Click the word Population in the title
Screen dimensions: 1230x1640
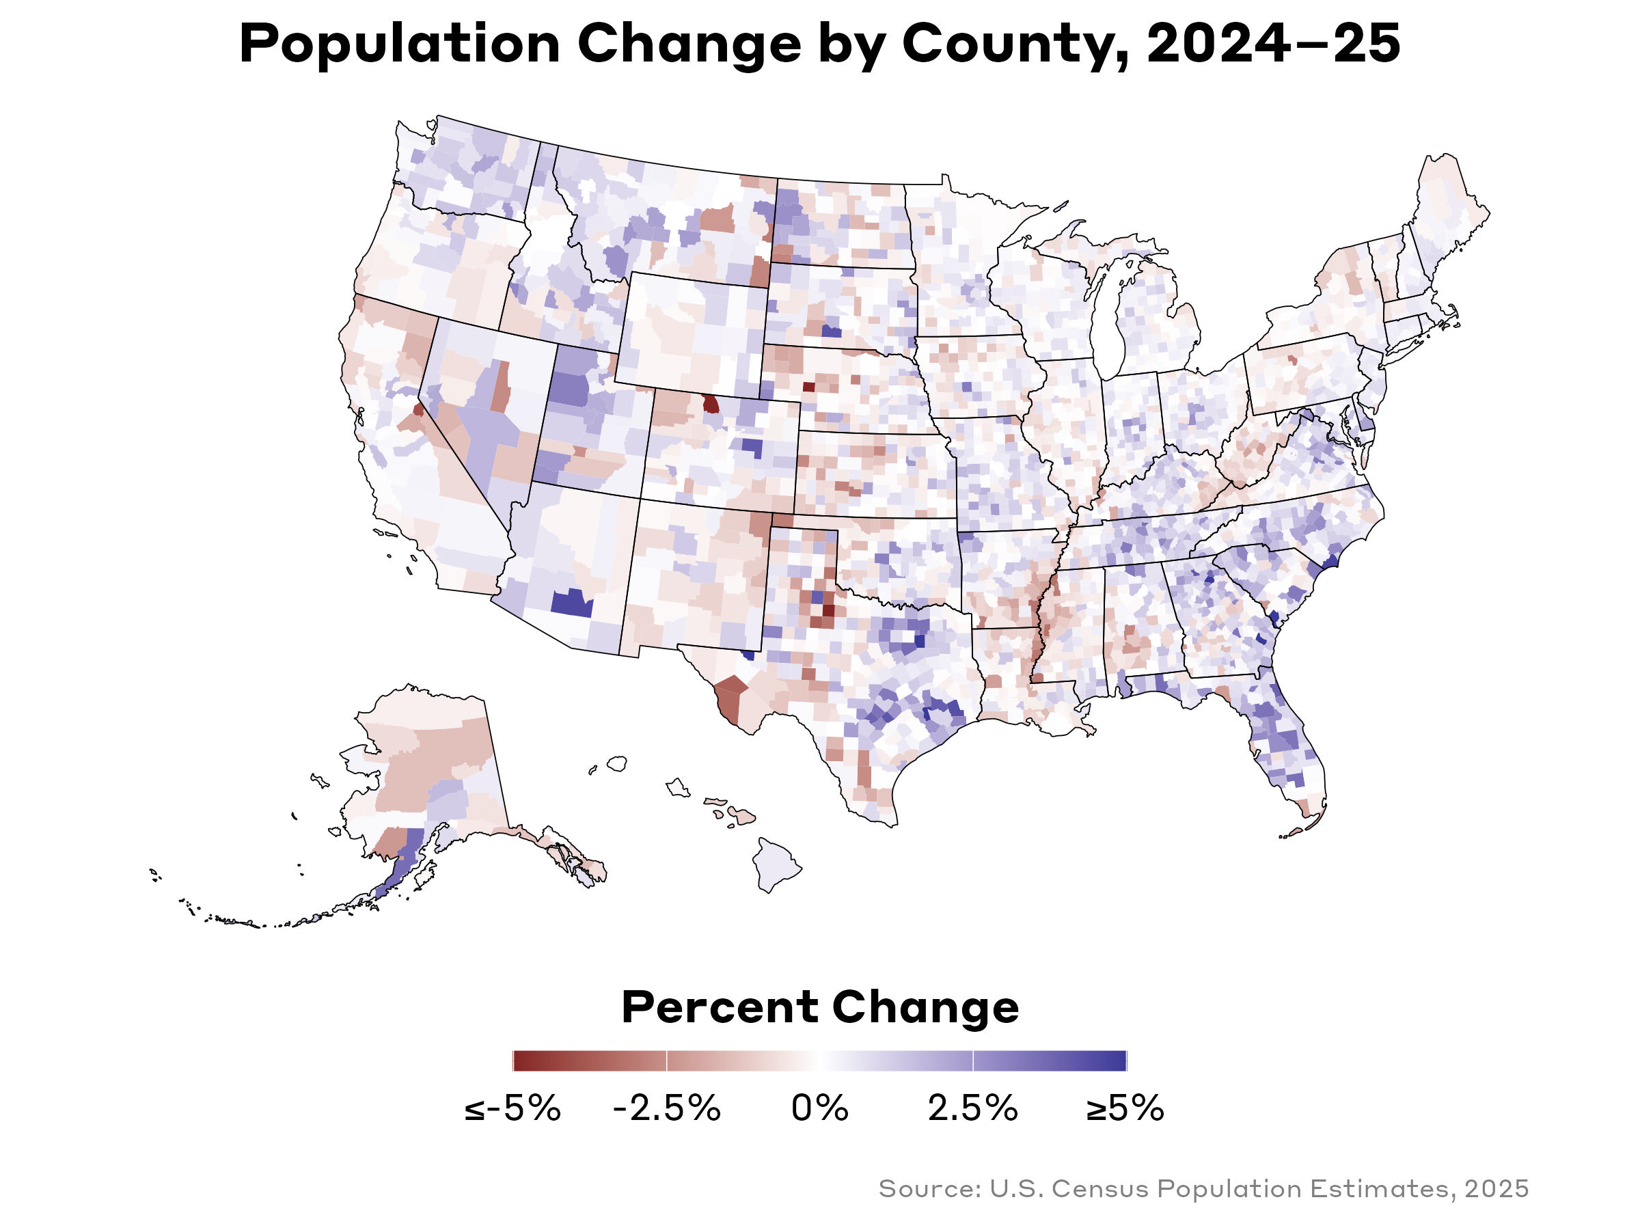[x=399, y=44]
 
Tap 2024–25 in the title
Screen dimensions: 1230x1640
[x=1272, y=44]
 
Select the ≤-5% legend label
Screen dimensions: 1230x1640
[x=512, y=1108]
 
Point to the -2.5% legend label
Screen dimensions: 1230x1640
[x=666, y=1108]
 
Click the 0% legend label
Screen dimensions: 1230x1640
[x=819, y=1108]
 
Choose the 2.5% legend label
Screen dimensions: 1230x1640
[x=973, y=1108]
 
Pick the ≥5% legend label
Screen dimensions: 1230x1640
[x=1125, y=1108]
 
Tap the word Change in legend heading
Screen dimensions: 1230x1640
[x=925, y=1009]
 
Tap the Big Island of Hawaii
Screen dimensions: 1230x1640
[x=776, y=864]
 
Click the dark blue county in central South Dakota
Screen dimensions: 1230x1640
[x=831, y=331]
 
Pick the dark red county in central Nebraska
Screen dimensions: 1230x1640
[x=809, y=386]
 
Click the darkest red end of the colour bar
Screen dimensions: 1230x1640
[x=517, y=1061]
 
